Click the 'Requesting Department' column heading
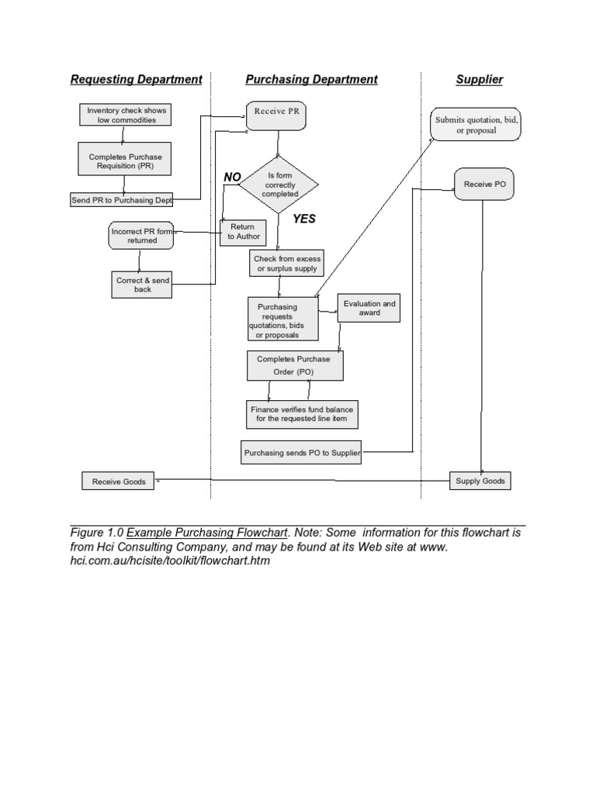(136, 79)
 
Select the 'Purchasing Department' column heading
(311, 79)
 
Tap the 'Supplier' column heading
(479, 79)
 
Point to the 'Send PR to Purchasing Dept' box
(122, 200)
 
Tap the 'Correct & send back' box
(142, 285)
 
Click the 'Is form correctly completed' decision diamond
(279, 185)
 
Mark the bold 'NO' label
(232, 178)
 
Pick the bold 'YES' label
(303, 219)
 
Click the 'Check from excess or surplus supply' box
(287, 264)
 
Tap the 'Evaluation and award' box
(369, 309)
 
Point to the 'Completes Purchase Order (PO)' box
(294, 366)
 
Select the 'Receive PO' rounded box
(483, 184)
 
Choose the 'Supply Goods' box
(480, 482)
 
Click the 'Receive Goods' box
(119, 482)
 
